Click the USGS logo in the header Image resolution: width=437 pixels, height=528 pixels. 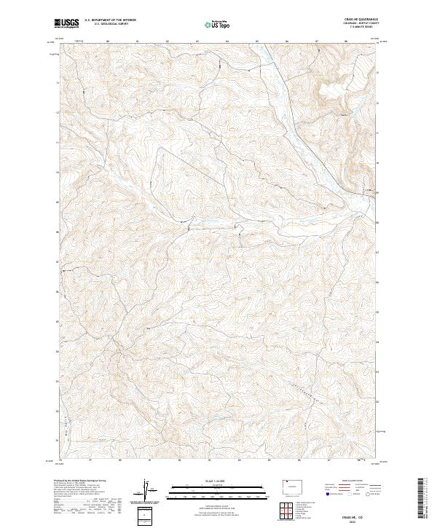tap(67, 24)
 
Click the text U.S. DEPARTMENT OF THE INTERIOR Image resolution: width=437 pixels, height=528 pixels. tap(110, 20)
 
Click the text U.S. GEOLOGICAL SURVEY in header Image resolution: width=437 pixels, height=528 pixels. tap(110, 24)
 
